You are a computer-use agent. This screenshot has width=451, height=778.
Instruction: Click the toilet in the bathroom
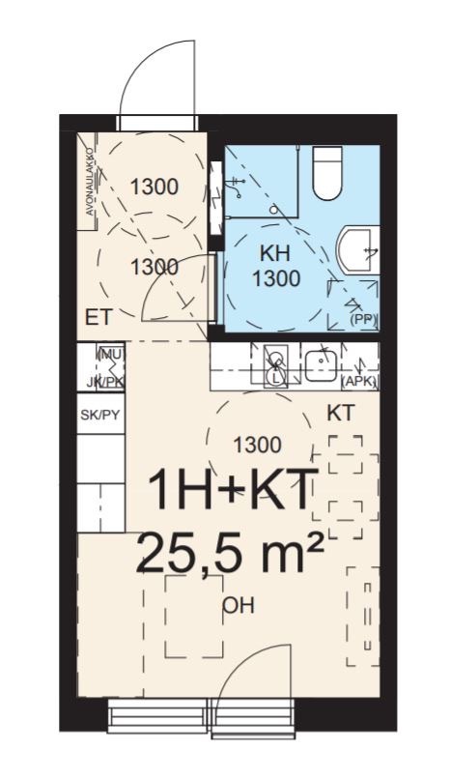coord(327,173)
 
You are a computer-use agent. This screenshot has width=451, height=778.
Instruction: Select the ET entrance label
coord(99,317)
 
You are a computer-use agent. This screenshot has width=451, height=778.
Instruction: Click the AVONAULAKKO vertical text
coord(90,182)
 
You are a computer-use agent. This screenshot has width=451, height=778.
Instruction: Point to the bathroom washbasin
coord(358,249)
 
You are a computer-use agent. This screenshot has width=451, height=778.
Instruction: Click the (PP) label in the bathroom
coord(363,320)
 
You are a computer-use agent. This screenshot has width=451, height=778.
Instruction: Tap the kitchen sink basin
coord(322,364)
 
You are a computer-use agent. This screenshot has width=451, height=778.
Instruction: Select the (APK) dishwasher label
coord(360,383)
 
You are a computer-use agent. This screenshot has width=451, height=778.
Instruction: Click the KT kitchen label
coord(341,413)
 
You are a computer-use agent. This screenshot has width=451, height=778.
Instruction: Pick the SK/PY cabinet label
coord(100,415)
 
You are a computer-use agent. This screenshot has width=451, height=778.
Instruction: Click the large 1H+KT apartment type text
coord(231,490)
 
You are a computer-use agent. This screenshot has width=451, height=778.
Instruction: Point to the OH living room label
coord(239,606)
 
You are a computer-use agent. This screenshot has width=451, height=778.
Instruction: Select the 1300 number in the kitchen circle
coord(258,446)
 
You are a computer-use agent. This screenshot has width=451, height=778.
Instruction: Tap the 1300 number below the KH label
coord(276,279)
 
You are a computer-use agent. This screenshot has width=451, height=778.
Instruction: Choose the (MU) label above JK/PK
coord(111,355)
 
